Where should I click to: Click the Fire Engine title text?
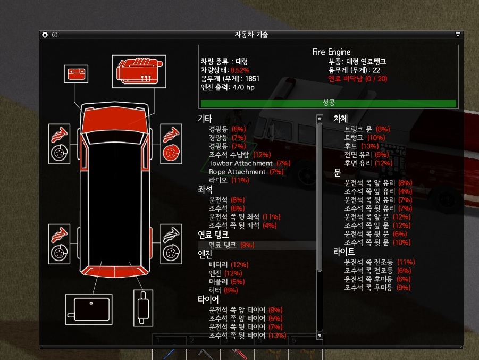pos(331,52)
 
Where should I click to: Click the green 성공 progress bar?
pos(328,103)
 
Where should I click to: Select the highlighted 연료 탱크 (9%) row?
pos(232,245)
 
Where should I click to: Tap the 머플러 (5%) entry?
pos(226,281)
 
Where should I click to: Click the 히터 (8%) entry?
pos(223,290)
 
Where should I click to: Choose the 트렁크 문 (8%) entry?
pos(367,129)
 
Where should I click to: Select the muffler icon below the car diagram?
pos(143,308)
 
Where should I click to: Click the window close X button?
pos(45,35)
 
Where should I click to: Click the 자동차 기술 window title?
pos(251,35)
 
